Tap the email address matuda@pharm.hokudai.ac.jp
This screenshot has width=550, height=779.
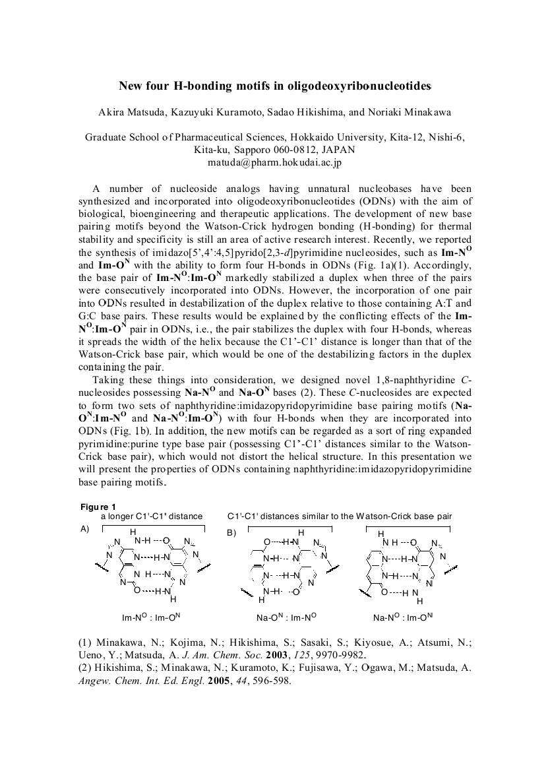point(274,162)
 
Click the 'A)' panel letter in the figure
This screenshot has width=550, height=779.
point(84,529)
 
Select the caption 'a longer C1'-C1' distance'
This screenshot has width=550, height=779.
point(152,516)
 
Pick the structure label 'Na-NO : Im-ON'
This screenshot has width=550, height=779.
point(402,618)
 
